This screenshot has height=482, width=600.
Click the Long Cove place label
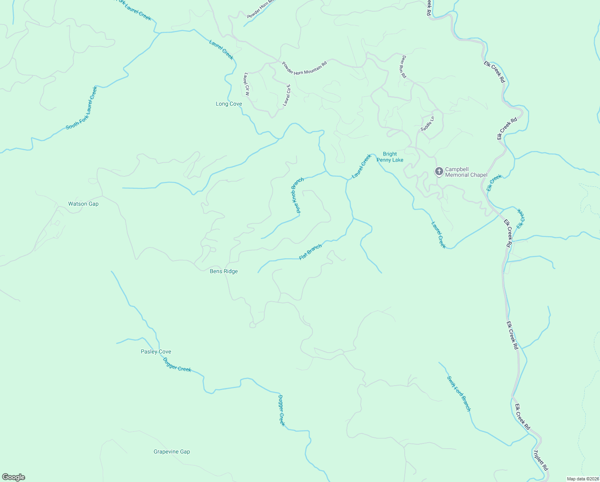pos(229,104)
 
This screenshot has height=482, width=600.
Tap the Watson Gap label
pos(83,204)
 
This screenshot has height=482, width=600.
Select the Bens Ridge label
pos(224,272)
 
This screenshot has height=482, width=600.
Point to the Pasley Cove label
pos(156,352)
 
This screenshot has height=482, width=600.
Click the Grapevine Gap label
pos(172,452)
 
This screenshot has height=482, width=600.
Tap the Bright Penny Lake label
pos(390,157)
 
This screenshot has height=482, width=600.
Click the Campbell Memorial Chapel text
pos(466,172)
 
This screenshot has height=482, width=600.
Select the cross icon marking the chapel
pos(439,172)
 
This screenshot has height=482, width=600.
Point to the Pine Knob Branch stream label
pos(297,195)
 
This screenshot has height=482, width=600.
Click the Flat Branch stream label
pos(310,252)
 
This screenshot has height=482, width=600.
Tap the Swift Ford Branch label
pos(459,394)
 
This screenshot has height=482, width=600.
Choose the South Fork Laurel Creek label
pos(82,108)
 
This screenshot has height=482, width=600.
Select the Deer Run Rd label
pos(403,67)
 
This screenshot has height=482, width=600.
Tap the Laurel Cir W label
pos(247,84)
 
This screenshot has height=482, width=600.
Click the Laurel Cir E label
pos(286,95)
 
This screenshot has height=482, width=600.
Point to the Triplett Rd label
pos(540,460)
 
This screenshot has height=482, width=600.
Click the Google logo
pos(14,477)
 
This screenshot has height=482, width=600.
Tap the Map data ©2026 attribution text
pos(582,479)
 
